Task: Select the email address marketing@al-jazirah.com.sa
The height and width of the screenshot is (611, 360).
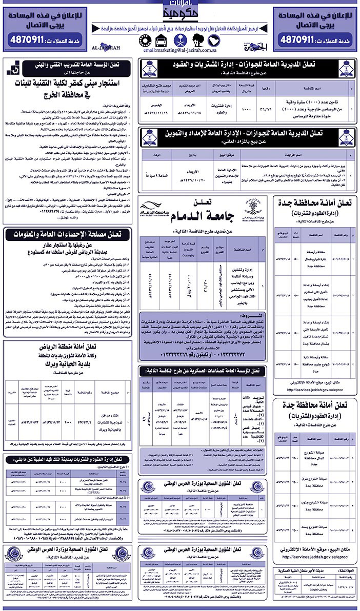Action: (x=179, y=51)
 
